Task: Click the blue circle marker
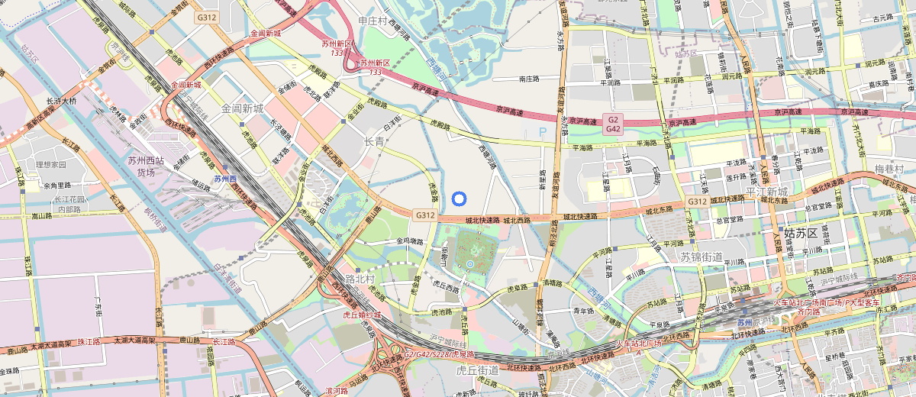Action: tap(459, 199)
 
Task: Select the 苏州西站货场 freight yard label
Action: tap(146, 166)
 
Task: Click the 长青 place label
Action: tap(374, 141)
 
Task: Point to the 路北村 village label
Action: tap(360, 279)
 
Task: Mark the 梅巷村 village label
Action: tap(889, 169)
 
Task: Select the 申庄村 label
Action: tap(373, 21)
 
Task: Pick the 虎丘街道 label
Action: tap(477, 370)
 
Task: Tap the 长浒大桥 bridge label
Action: tap(61, 100)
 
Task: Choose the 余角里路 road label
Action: tap(57, 186)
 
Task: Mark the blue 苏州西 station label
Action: tap(225, 179)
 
